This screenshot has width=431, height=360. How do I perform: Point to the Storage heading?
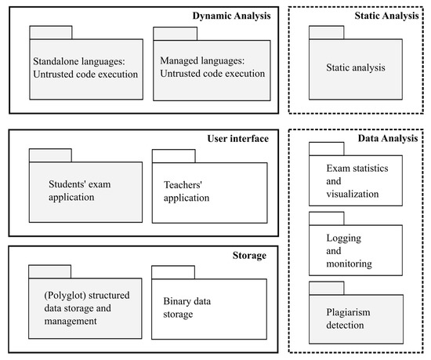tap(249, 255)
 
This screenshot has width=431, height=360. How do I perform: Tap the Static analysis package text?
tap(356, 68)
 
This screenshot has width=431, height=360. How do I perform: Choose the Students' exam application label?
tap(81, 191)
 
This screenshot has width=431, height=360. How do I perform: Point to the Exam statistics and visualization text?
tap(357, 180)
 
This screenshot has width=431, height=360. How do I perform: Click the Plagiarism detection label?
tap(356, 318)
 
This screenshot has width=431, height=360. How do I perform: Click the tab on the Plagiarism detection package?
tap(326, 286)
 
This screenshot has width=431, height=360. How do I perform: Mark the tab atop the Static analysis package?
tap(326, 32)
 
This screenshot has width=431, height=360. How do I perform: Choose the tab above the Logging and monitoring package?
tap(326, 217)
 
